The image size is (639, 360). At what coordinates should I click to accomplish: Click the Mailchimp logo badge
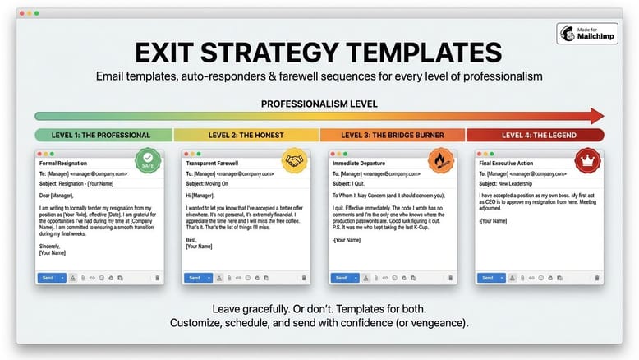[x=587, y=34]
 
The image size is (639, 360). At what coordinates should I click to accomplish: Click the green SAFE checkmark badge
[x=148, y=160]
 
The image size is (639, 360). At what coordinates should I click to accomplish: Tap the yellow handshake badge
[x=294, y=160]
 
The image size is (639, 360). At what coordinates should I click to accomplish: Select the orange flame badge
[x=441, y=160]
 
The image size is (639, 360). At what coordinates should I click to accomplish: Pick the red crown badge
[x=587, y=160]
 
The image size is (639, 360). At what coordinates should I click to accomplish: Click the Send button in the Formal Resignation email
[x=48, y=278]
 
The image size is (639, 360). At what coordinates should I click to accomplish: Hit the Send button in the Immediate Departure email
[x=341, y=278]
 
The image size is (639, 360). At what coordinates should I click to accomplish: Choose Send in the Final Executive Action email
[x=487, y=278]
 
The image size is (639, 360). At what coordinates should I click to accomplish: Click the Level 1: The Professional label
[x=101, y=136]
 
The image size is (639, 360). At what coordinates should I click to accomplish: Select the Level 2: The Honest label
[x=246, y=136]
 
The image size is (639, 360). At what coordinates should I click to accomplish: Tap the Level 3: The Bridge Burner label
[x=393, y=136]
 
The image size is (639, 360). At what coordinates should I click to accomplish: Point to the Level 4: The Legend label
[x=539, y=136]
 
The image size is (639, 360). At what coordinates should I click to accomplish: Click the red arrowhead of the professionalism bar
[x=597, y=116]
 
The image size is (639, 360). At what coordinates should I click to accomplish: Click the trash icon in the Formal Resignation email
[x=158, y=278]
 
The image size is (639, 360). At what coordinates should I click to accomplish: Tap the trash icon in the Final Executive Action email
[x=597, y=278]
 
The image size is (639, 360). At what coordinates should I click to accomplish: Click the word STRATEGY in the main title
[x=269, y=53]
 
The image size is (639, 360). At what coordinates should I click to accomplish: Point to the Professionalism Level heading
[x=319, y=104]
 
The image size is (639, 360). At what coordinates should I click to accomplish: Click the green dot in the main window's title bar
[x=37, y=13]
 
